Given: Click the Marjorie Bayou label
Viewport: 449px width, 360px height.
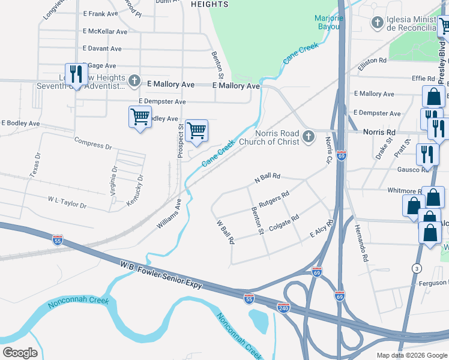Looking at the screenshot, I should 329,22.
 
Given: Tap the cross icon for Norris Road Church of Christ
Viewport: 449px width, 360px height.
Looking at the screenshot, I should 309,137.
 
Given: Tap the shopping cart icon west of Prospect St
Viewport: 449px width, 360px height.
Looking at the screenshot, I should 140,116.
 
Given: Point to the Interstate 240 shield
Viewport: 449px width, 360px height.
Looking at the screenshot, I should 283,307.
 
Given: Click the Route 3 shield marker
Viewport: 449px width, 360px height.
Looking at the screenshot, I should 417,267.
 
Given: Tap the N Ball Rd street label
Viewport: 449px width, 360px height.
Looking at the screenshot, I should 267,177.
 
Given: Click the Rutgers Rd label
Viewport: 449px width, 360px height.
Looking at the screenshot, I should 275,198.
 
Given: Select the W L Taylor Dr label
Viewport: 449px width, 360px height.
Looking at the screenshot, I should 67,201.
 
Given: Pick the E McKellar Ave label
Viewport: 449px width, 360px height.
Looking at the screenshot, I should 105,31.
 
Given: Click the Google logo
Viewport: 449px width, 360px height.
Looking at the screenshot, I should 20,352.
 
